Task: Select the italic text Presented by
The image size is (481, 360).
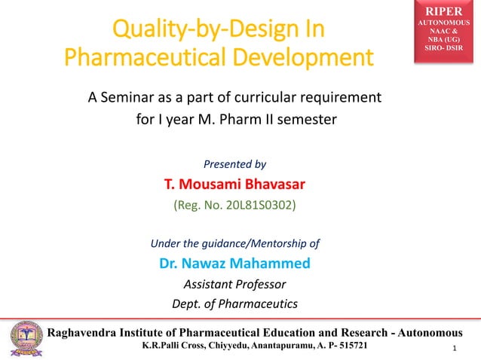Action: pyautogui.click(x=235, y=163)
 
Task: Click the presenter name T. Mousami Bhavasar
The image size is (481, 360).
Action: pyautogui.click(x=235, y=184)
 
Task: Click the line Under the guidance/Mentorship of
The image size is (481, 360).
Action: pyautogui.click(x=235, y=243)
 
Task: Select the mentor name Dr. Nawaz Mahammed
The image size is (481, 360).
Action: pyautogui.click(x=235, y=264)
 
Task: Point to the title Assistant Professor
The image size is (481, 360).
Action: pyautogui.click(x=235, y=284)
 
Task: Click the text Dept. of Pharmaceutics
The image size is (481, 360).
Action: pyautogui.click(x=235, y=304)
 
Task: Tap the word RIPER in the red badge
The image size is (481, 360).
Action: pyautogui.click(x=449, y=12)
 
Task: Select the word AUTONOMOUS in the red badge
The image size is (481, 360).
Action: pyautogui.click(x=449, y=24)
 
